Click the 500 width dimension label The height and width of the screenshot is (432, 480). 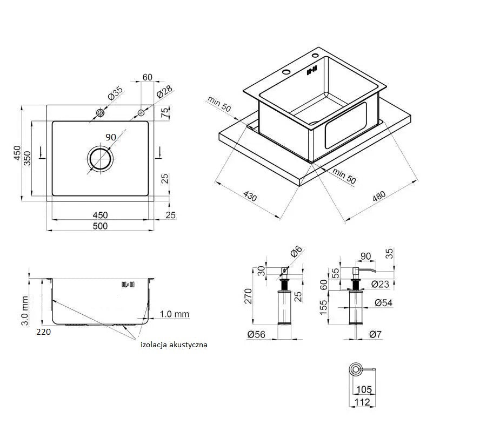(x=100, y=226)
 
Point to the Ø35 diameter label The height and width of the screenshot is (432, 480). (x=116, y=93)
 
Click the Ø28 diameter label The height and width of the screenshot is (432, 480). (x=164, y=92)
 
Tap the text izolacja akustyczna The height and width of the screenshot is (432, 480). (x=174, y=344)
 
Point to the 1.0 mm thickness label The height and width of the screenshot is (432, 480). (x=174, y=314)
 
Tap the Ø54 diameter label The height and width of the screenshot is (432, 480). (x=384, y=303)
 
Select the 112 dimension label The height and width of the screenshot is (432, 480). (x=363, y=402)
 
